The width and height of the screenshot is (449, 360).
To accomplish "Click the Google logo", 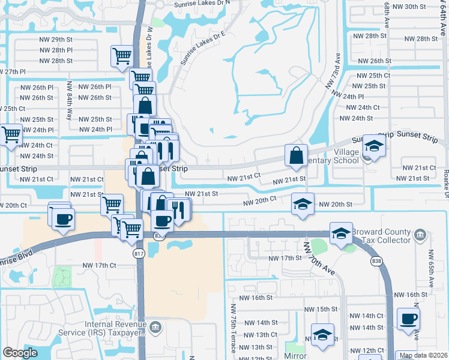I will (20, 353).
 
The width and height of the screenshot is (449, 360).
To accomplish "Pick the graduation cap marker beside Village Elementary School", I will (374, 147).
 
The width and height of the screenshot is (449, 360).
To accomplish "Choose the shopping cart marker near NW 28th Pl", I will (122, 56).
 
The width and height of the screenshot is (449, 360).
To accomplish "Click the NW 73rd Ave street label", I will (334, 71).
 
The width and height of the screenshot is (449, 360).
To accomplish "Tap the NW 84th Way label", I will (70, 100).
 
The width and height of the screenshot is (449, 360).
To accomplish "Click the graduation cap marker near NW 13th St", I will (322, 335).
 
